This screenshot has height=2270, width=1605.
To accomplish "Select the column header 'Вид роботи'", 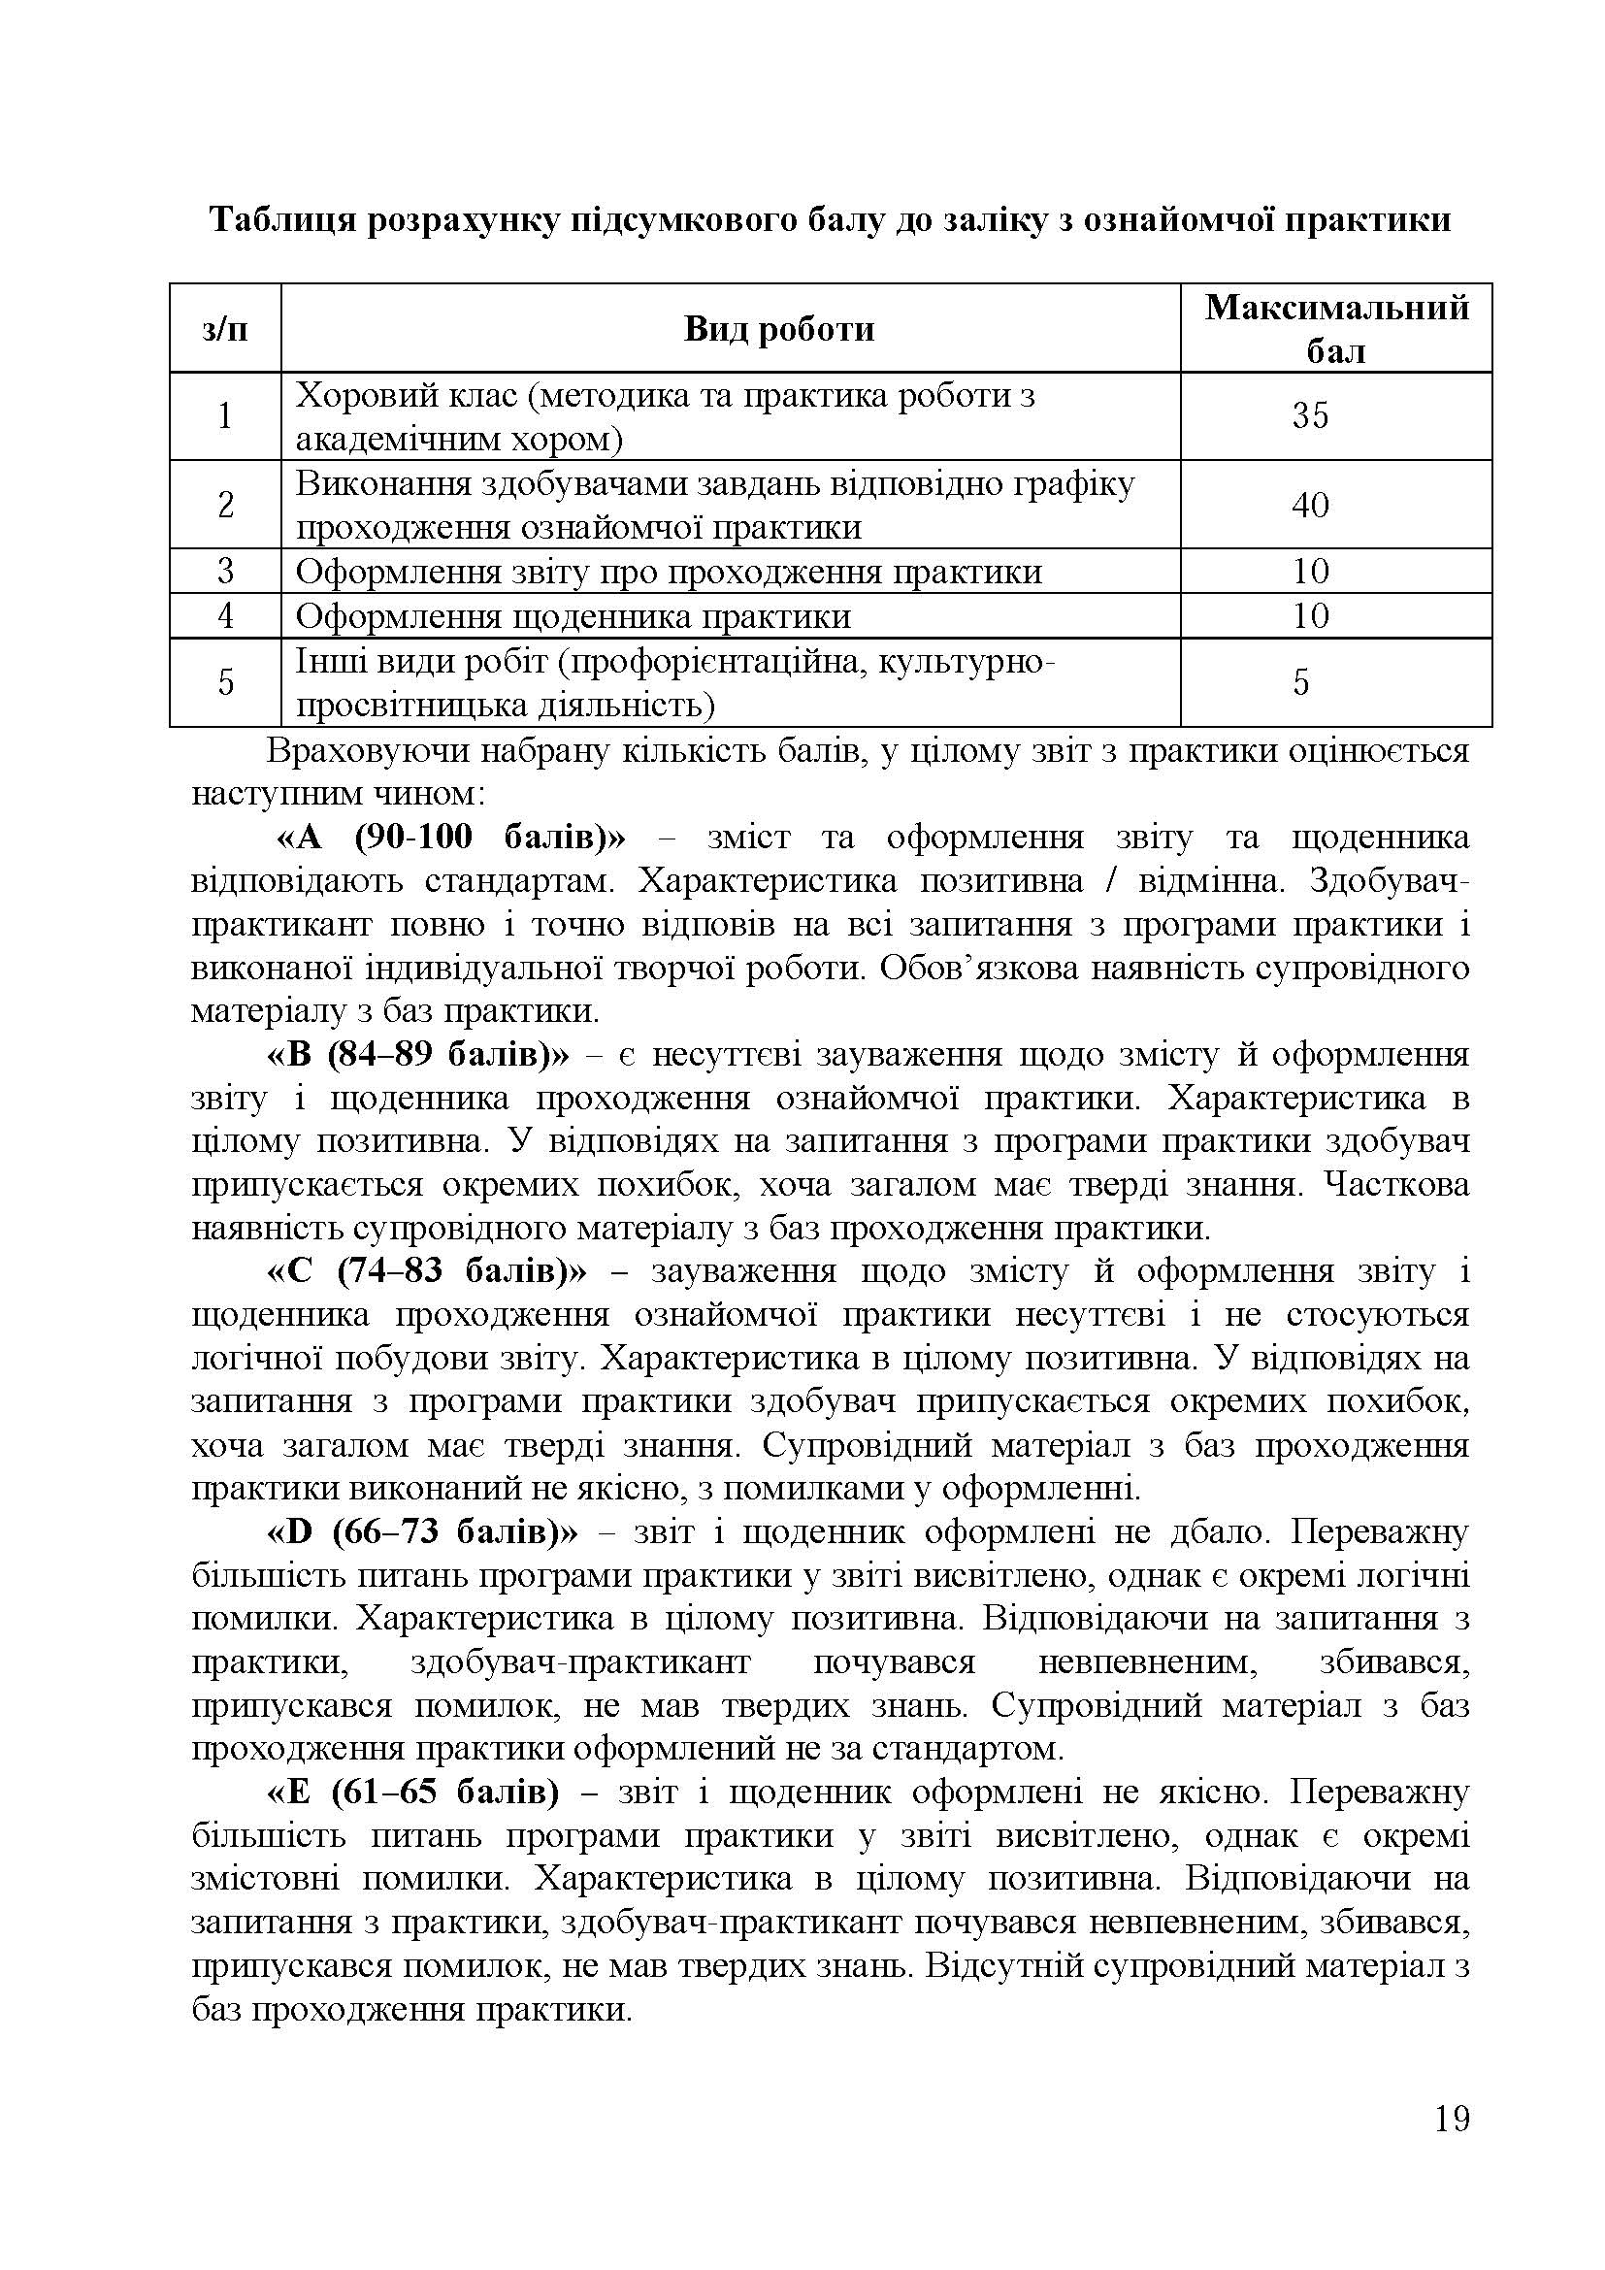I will point(779,329).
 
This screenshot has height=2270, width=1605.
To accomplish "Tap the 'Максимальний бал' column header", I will point(1336,328).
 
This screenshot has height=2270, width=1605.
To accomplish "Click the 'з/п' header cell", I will point(225,329).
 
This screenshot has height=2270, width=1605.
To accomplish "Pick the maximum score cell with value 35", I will point(1310,416).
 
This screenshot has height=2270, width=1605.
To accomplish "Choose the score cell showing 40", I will point(1310,506).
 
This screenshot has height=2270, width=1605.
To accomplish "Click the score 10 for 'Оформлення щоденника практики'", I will point(1310,616).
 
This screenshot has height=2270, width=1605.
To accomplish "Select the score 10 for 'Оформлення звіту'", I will point(1310,572).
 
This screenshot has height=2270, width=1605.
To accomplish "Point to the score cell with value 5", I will point(1300,683).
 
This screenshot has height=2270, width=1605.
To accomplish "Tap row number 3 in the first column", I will point(225,572).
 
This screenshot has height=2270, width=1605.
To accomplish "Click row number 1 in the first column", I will point(225,416).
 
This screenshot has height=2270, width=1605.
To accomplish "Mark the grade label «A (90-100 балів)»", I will point(450,839).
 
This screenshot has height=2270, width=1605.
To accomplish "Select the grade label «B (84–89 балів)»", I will point(419,1055).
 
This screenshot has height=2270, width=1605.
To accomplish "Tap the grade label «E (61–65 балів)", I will point(413,1793).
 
